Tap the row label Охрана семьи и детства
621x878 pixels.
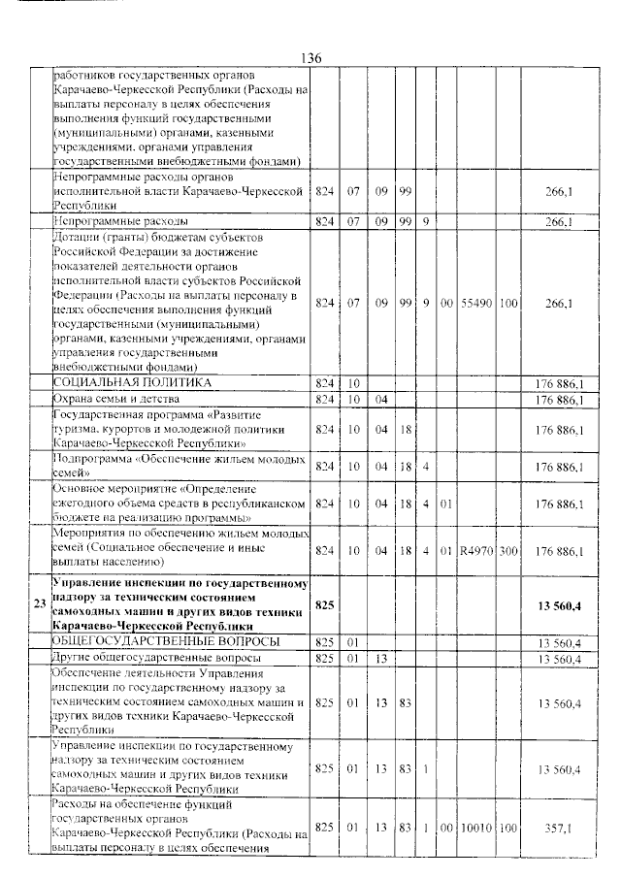click(x=117, y=399)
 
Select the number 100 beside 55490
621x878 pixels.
click(x=508, y=304)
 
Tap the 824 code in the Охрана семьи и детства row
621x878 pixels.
click(x=325, y=399)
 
